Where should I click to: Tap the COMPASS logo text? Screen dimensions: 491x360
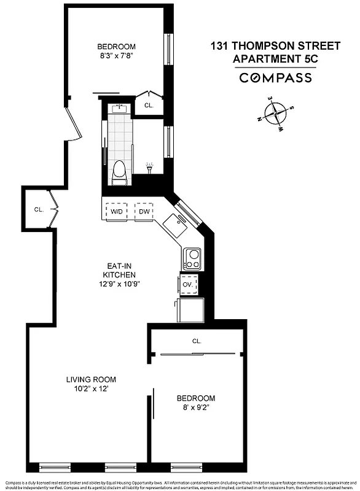point(275,78)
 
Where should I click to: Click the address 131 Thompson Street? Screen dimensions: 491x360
point(275,46)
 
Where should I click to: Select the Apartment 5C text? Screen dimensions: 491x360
point(275,59)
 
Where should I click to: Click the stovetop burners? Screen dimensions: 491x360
point(193,258)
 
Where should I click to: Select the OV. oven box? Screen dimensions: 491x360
point(188,285)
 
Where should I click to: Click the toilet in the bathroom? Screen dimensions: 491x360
point(119,171)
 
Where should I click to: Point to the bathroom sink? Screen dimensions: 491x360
point(120,109)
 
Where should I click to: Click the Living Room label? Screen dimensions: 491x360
point(91,384)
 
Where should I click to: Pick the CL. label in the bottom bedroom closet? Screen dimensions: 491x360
point(197,341)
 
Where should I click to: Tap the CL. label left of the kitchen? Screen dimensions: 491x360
point(38,209)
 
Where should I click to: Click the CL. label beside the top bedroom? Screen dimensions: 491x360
point(149,105)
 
